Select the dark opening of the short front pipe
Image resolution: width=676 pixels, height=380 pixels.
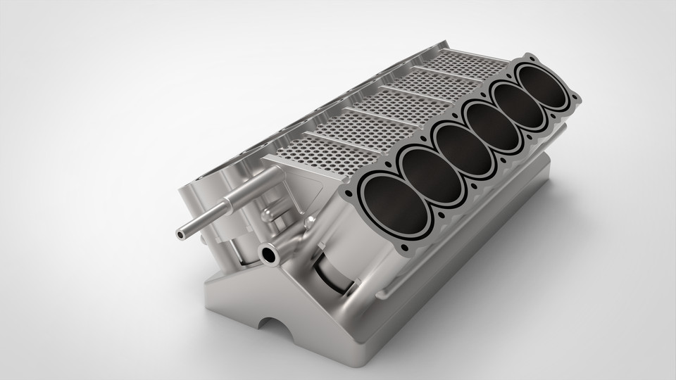pos(268,255)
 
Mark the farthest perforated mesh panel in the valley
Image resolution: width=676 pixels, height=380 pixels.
pos(465,65)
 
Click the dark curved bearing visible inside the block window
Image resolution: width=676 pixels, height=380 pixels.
pos(331,274)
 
